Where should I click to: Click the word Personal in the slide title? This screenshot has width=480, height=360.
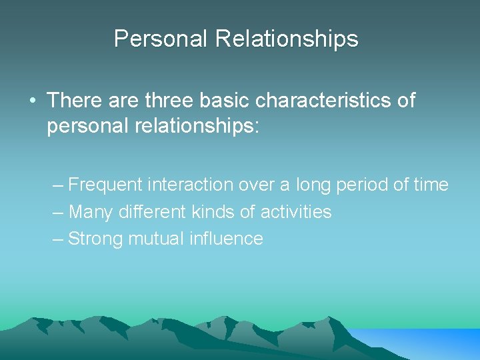(161, 39)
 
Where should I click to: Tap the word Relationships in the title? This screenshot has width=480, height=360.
(286, 39)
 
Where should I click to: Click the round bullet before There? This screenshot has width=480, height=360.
(33, 101)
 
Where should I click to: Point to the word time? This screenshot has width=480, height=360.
(433, 185)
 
